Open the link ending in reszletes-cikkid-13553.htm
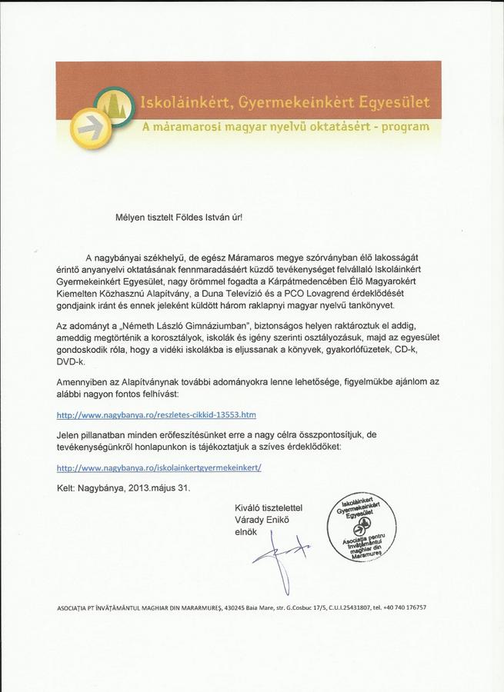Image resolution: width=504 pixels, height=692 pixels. [x=156, y=414]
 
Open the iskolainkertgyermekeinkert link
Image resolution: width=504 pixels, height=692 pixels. [x=159, y=467]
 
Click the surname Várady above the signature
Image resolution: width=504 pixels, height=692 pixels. [x=251, y=520]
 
